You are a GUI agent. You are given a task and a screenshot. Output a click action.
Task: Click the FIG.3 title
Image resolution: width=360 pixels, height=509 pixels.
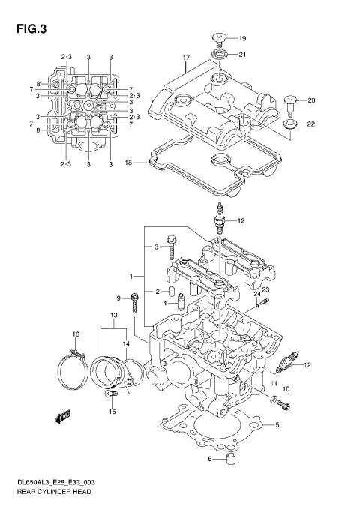(30, 30)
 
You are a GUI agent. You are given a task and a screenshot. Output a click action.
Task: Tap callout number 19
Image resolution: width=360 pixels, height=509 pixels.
(242, 38)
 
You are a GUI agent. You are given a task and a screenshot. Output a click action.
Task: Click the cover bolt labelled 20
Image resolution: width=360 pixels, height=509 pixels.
(291, 100)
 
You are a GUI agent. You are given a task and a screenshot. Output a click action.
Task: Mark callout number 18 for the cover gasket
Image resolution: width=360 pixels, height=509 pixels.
(128, 162)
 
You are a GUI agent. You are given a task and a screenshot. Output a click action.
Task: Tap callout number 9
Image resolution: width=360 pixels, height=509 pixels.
(118, 298)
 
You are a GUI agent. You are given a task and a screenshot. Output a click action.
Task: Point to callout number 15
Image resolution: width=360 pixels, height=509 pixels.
(112, 412)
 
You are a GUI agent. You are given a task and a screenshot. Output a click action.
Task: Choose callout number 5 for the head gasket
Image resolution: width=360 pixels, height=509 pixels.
(277, 425)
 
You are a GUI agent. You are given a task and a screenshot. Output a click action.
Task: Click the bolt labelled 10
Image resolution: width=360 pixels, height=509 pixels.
(283, 404)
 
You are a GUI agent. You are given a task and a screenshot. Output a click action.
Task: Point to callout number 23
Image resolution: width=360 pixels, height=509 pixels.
(265, 289)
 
